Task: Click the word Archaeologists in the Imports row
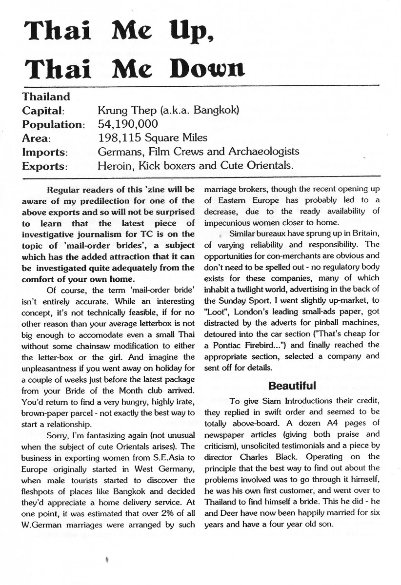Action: pyautogui.click(x=263, y=152)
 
